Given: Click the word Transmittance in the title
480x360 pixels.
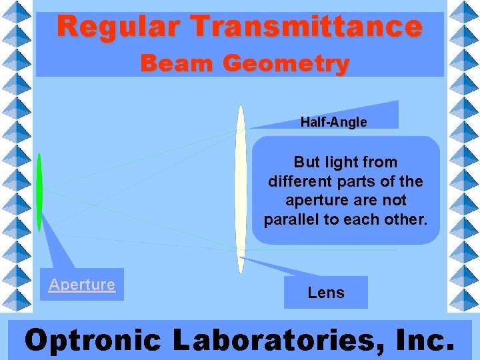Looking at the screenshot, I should coord(307,27).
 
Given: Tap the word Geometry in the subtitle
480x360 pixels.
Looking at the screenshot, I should coord(286,63).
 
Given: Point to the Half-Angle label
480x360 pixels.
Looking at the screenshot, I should coord(333,122).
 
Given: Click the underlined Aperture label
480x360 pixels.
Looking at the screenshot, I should coord(82,285).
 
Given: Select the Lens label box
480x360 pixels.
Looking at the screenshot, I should coord(326,293).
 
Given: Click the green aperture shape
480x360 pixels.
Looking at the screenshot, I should coord(39,192).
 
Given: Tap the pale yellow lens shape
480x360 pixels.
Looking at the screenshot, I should coord(241,189).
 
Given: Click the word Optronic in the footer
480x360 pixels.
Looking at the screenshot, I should coord(93,340).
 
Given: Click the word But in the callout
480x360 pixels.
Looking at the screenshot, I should coord(307,162).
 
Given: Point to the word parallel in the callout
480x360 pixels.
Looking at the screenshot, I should coord(291,219).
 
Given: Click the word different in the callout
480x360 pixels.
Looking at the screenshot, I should coord(297,181).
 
